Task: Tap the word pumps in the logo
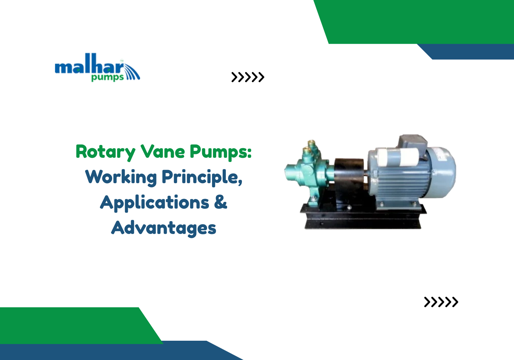tap(107, 77)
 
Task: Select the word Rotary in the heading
tap(105, 152)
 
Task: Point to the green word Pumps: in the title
tap(220, 152)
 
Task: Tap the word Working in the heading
tap(121, 177)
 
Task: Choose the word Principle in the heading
tap(201, 177)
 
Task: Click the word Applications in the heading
tap(155, 203)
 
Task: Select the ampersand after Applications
tap(220, 202)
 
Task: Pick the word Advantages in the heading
tap(164, 228)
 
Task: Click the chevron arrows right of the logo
tap(248, 77)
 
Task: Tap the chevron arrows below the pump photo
tap(441, 302)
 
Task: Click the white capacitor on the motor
tap(398, 157)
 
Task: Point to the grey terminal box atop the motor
tap(412, 141)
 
